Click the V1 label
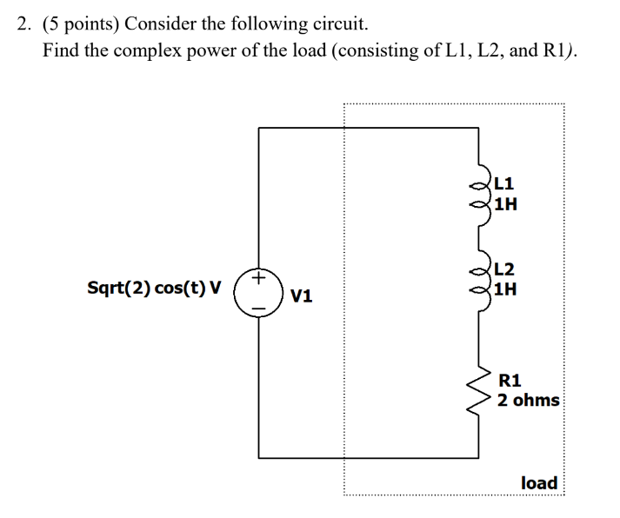coord(302,296)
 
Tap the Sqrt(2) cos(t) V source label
coord(154,287)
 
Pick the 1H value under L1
coord(505,205)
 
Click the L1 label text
coord(503,183)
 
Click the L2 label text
coord(503,269)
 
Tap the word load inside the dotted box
coord(538,481)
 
